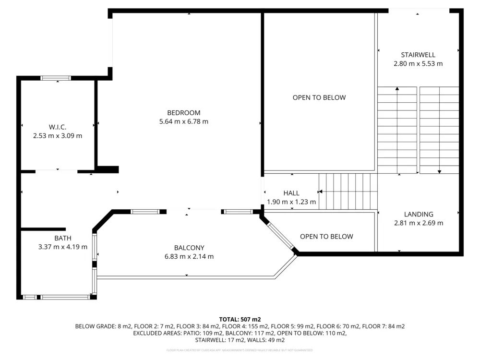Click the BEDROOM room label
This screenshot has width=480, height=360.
[183, 113]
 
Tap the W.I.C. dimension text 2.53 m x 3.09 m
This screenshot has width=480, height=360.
[58, 136]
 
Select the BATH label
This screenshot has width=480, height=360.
[63, 238]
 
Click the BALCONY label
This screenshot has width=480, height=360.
[189, 248]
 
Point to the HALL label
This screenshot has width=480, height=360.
[291, 193]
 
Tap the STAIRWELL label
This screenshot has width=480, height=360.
[418, 55]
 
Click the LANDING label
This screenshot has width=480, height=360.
[419, 214]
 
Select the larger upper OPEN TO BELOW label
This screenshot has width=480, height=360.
[319, 97]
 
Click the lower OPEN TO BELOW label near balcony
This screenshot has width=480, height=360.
[326, 236]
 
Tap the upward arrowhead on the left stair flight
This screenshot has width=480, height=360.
[397, 89]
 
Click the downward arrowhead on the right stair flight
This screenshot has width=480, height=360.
[439, 171]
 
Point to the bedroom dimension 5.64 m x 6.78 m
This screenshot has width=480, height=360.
[183, 121]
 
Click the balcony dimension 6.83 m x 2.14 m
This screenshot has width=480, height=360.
[189, 256]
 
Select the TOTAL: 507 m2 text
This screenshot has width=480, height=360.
[240, 319]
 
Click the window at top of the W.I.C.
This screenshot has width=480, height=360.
[56, 78]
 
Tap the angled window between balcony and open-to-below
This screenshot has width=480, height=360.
[281, 235]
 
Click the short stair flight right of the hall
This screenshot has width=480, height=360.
[348, 191]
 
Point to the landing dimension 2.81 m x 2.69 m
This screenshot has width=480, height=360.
[419, 223]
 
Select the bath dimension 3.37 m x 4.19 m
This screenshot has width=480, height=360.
[63, 247]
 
